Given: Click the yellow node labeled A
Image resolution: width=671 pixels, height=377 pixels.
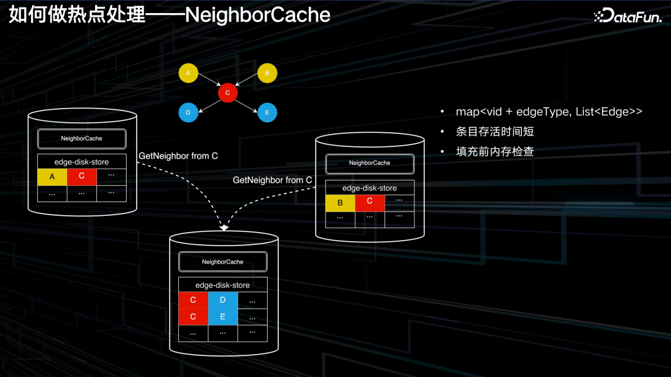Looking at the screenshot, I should pos(188,74).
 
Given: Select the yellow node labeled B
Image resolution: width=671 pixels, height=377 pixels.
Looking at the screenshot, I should pos(267,74).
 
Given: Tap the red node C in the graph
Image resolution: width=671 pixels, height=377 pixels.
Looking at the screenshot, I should pos(228,93).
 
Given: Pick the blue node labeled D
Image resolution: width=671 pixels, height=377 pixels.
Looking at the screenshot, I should pos(188,113).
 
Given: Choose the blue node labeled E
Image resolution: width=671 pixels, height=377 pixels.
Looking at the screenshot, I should pos(267,113).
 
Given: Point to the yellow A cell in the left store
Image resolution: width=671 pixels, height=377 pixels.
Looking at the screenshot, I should pos(52,177).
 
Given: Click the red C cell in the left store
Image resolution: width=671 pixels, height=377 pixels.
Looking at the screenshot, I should pos(81,177).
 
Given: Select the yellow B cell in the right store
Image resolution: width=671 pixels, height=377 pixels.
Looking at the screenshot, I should pos(340,202).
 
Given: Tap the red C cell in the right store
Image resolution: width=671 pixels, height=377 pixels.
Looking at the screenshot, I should pos(370,202).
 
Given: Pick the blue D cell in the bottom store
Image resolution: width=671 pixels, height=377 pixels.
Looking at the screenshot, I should pos(222,301).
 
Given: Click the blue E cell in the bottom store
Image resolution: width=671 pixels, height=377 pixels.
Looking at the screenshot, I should pos(222,317).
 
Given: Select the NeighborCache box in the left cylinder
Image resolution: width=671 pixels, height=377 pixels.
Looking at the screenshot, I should pos(81,138).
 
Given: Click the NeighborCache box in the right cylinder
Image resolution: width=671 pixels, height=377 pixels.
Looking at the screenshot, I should pos(370,163).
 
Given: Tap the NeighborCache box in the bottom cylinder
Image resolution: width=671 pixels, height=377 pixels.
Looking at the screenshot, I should pos(222,262).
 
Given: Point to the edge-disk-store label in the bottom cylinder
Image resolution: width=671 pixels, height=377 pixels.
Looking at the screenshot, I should pos(222,285).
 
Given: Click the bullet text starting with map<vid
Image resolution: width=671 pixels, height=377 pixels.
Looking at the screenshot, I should pos(549,112).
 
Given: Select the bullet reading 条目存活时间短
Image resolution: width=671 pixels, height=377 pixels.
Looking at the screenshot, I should pos(495,131).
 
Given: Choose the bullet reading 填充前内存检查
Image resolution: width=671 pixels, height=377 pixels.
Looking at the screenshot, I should pos(495,151).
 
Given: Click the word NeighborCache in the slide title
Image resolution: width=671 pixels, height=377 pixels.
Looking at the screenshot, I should pos(257,15).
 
